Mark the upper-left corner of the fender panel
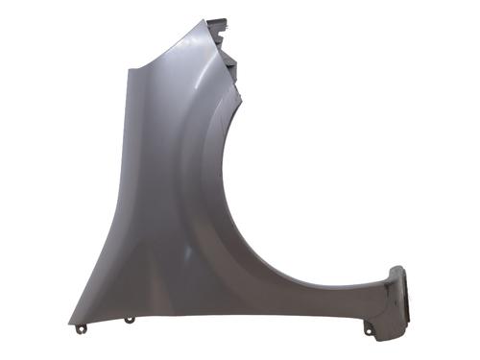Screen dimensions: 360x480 point(125,69)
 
